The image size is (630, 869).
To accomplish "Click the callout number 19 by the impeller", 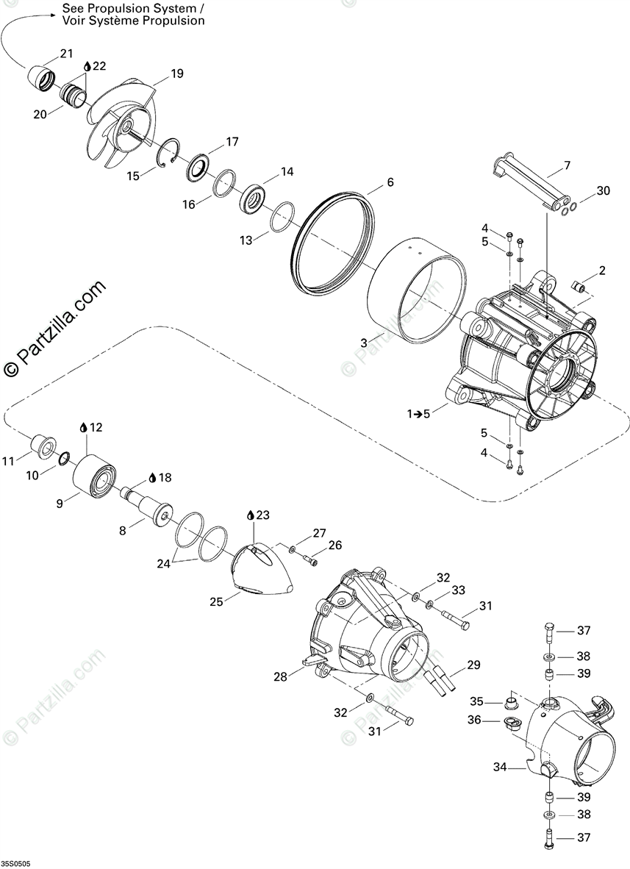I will (x=177, y=74).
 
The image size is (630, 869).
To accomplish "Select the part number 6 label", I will (x=390, y=182).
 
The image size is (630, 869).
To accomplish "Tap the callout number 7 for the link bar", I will (x=567, y=167).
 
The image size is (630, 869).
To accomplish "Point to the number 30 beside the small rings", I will (x=603, y=190).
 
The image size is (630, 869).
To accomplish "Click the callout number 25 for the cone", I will (x=216, y=601).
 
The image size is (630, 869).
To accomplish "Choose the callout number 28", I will (x=280, y=677).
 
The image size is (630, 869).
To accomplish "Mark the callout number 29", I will (x=473, y=665).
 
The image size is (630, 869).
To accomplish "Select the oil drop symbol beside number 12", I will (x=83, y=427).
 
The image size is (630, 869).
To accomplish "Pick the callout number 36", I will (x=474, y=720).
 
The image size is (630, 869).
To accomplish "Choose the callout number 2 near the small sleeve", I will (x=602, y=271).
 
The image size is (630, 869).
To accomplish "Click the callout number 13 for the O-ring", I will (x=245, y=240).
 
